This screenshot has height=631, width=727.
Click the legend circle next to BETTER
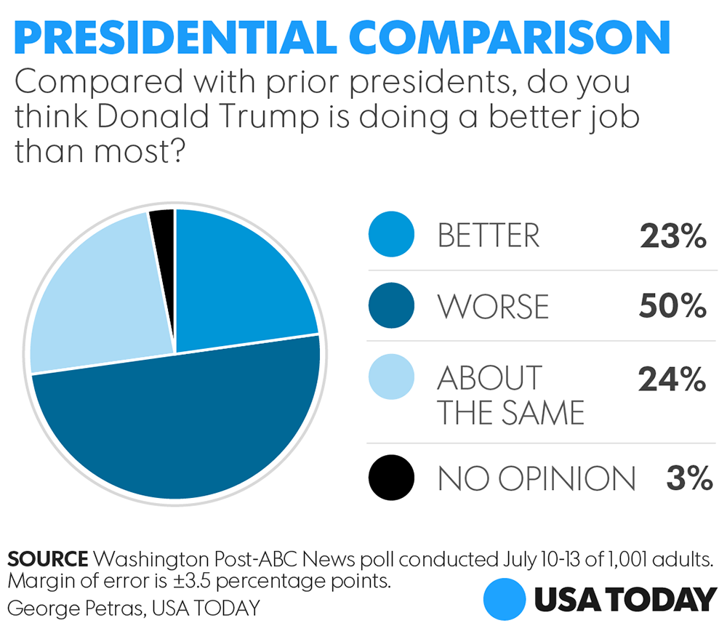point(391,236)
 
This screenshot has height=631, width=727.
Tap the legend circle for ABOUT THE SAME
point(391,377)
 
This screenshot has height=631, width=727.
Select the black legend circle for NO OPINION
point(391,478)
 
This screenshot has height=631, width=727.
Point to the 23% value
point(673,236)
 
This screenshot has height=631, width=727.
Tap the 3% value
point(688,478)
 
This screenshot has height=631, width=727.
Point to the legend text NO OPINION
point(537,478)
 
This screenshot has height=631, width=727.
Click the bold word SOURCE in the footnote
point(47,560)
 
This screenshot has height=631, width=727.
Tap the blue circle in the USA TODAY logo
point(505,600)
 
